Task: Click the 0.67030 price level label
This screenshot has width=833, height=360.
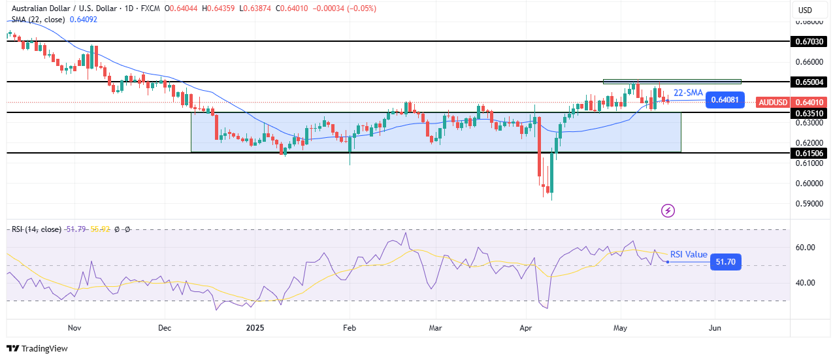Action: point(809,41)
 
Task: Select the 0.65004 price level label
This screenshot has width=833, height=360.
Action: point(809,82)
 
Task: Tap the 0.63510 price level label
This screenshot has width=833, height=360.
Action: point(809,112)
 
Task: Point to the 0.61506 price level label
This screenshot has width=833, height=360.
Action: point(809,153)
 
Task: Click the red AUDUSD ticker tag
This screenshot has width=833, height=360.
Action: point(774,102)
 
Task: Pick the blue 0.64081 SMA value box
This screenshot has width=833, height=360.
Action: point(725,100)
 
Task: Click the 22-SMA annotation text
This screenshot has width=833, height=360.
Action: point(688,93)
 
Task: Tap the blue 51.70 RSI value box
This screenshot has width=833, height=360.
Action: point(725,262)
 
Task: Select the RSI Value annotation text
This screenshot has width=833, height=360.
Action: point(689,255)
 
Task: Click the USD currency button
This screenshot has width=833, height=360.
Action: point(805,10)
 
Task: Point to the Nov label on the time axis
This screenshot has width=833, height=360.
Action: point(74,327)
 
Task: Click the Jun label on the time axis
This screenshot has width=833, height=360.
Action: point(715,327)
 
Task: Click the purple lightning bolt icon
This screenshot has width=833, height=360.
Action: point(668,210)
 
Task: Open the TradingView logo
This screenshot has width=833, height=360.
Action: point(37,349)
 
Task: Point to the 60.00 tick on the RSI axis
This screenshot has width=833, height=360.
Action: point(805,248)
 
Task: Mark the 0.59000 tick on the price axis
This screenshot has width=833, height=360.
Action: point(809,203)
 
